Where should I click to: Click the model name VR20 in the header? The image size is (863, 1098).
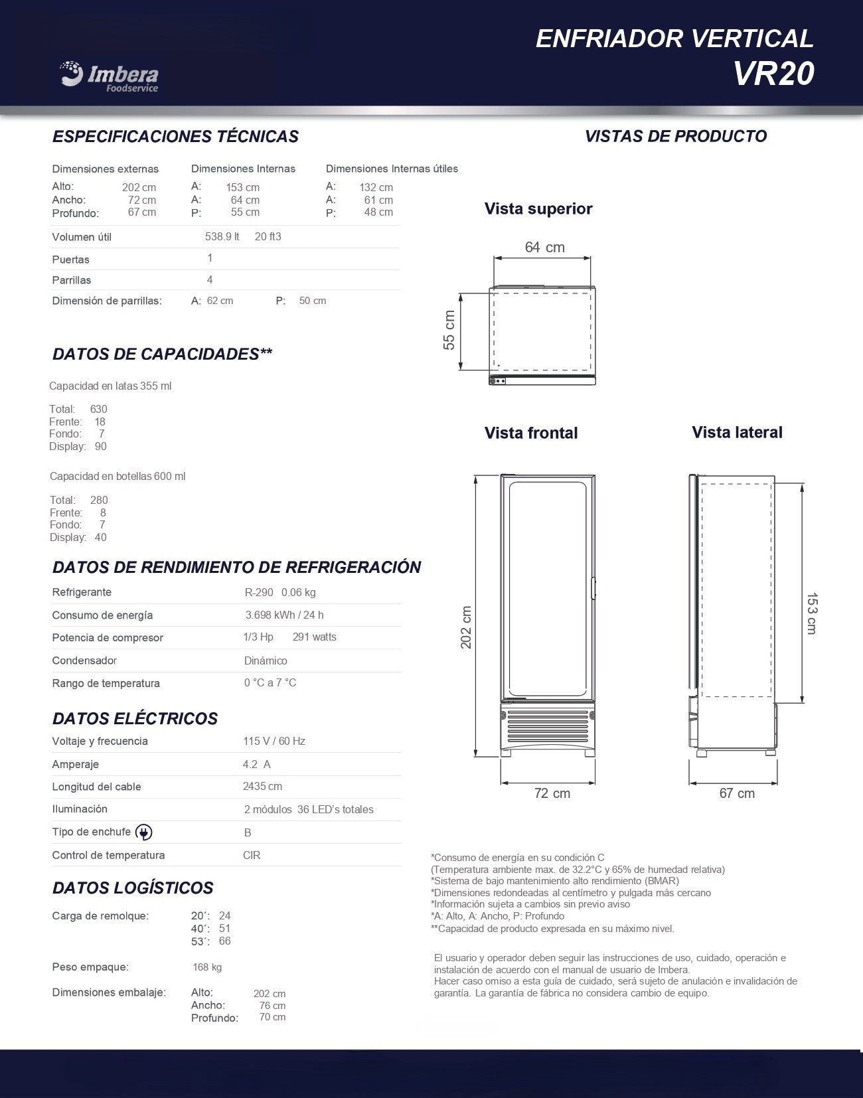pos(773,74)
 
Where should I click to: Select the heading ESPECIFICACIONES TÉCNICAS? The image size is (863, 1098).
pos(175,136)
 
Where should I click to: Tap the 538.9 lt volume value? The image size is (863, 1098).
pos(222,236)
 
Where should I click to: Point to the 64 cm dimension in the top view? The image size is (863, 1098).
pos(544,247)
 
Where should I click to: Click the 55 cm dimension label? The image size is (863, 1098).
pos(449,330)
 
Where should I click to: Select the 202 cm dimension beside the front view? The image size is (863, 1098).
pos(466,627)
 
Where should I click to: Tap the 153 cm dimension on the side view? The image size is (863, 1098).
pos(811,613)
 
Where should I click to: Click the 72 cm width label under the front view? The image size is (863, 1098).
pos(552,793)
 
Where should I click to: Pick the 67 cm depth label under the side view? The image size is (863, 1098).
pos(737,793)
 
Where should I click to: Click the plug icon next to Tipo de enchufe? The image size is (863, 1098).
pos(143,832)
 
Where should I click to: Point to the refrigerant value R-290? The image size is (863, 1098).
pos(259,592)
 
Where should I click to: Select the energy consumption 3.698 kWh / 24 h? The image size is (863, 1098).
pos(284,615)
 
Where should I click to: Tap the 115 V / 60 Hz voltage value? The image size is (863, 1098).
pos(274,741)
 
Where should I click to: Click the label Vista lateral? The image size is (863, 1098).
pos(737,432)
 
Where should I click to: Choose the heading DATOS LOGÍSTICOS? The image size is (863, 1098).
pos(133,888)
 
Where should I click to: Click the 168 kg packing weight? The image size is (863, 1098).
pos(207,967)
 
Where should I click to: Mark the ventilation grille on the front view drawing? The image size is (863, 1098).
pos(547,728)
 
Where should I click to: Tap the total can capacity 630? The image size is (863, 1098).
pos(98,409)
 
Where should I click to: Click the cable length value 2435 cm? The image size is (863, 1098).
pos(262,786)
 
